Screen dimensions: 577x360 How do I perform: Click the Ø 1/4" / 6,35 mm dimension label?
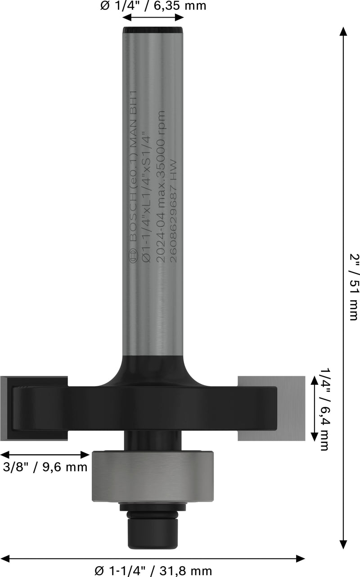tap(153, 6)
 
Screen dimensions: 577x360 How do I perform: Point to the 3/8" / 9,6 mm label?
tap(45, 467)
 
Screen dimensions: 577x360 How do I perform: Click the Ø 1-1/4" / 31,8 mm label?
tap(153, 571)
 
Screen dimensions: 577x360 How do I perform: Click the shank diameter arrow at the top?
tap(153, 18)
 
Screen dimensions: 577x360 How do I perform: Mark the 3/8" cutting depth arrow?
tap(45, 455)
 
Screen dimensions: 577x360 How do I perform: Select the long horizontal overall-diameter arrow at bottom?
tap(153, 559)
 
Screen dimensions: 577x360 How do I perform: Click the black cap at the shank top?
tap(153, 30)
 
